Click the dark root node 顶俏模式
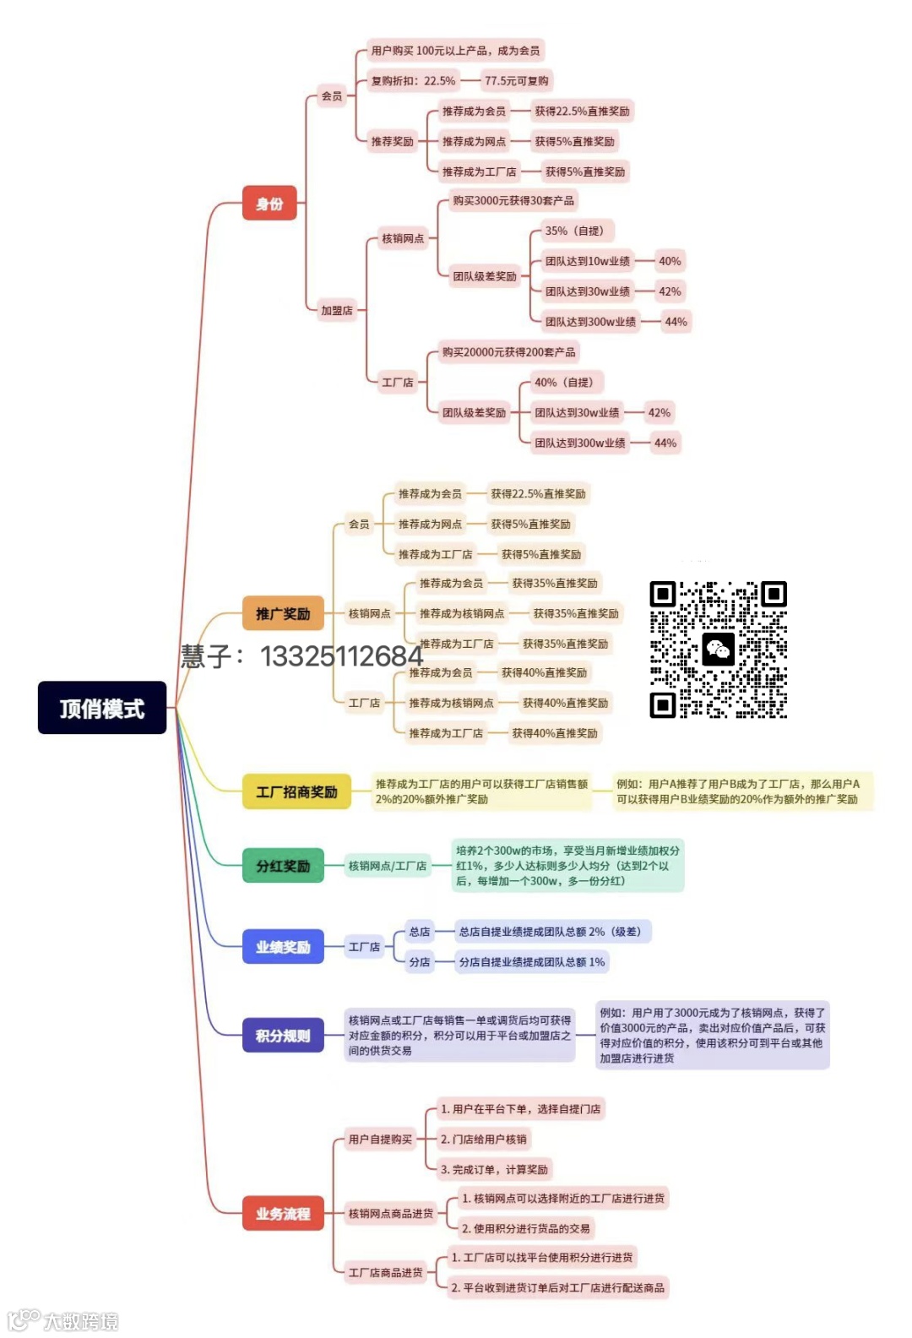tap(102, 708)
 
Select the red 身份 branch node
tap(269, 204)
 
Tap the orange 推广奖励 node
tap(283, 613)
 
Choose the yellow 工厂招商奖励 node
tap(296, 791)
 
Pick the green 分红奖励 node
tap(283, 866)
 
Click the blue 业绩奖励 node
tap(283, 947)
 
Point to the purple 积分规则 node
tap(283, 1036)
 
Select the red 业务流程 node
tap(283, 1214)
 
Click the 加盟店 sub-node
tap(337, 310)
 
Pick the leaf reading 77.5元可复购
tap(517, 81)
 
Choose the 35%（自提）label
tap(574, 231)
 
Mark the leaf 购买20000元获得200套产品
tap(509, 352)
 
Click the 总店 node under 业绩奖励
tap(420, 932)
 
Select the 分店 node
tap(420, 962)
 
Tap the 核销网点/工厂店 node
tap(388, 866)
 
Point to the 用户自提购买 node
tap(381, 1139)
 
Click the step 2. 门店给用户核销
tap(484, 1139)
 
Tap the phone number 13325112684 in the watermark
tap(341, 656)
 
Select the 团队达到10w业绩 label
tap(588, 261)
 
